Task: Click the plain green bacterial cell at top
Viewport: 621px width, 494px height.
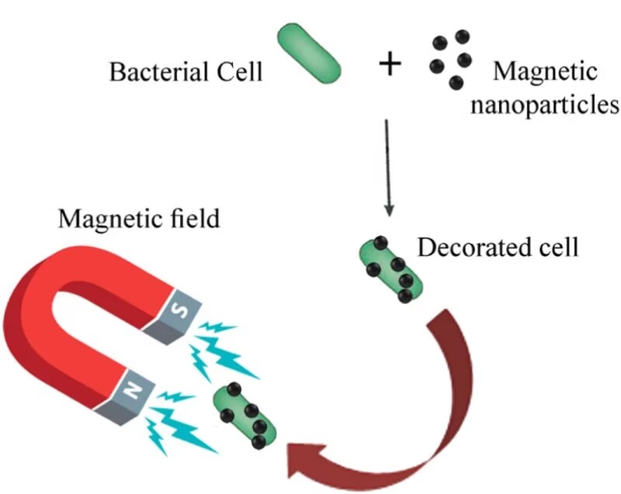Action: (x=308, y=55)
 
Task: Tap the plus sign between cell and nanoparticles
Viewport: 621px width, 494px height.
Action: (x=390, y=65)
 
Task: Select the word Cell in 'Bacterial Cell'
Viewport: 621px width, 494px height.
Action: (x=237, y=73)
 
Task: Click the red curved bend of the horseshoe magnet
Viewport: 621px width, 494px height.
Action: (x=39, y=310)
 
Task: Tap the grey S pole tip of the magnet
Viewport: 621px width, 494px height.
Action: (x=175, y=314)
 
